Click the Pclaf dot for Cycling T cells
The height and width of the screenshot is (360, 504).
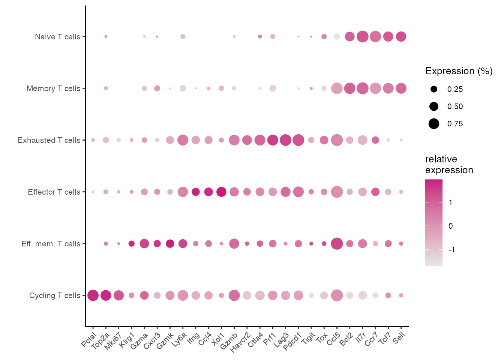(93, 295)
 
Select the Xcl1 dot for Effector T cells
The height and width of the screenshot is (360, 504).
(221, 192)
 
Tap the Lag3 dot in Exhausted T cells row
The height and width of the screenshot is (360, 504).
(285, 140)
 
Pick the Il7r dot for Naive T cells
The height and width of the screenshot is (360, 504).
(362, 37)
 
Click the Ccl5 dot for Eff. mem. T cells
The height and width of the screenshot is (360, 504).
(337, 244)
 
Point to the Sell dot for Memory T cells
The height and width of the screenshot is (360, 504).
(401, 88)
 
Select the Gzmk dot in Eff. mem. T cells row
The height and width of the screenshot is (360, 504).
(170, 244)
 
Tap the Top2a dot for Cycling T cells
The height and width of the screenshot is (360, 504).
(106, 295)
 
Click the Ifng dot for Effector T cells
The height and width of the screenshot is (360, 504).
(196, 192)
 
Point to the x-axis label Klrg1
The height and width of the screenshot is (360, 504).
(127, 340)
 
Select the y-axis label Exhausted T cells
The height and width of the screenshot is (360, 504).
(49, 140)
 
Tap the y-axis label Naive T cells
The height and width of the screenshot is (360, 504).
(58, 37)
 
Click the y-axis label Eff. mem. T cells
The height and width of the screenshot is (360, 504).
(51, 244)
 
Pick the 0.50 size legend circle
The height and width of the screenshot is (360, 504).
(434, 106)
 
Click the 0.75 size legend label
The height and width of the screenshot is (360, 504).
(455, 124)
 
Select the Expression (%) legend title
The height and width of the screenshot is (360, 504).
(459, 71)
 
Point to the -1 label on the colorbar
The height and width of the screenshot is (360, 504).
(451, 250)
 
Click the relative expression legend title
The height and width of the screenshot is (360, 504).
(449, 165)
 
